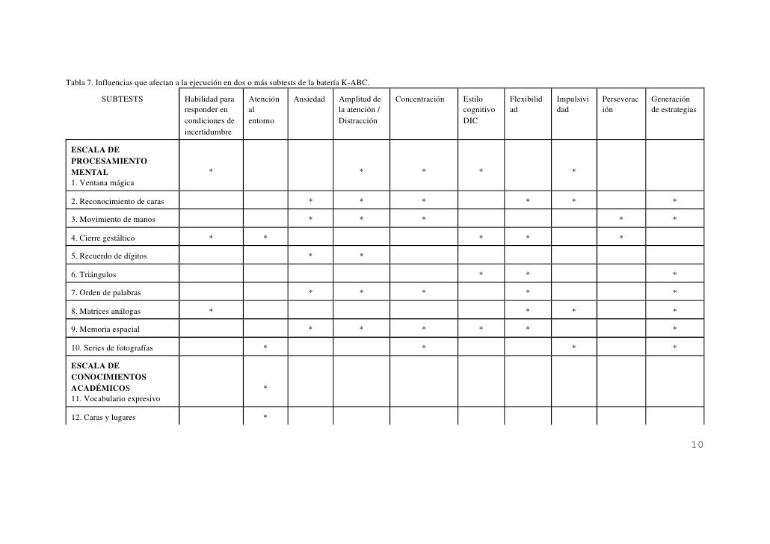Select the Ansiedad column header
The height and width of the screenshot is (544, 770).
pyautogui.click(x=309, y=99)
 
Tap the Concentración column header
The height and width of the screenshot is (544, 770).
pyautogui.click(x=419, y=99)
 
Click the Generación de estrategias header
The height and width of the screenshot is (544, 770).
pyautogui.click(x=674, y=105)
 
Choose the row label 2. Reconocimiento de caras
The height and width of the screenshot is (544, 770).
pyautogui.click(x=117, y=201)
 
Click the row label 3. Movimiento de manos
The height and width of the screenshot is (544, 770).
pyautogui.click(x=113, y=220)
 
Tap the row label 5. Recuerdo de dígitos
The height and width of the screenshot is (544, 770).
pyautogui.click(x=108, y=256)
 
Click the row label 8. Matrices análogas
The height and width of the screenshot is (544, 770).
pyautogui.click(x=105, y=311)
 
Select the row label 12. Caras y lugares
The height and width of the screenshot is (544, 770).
pyautogui.click(x=103, y=418)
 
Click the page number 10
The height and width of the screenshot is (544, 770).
pyautogui.click(x=697, y=445)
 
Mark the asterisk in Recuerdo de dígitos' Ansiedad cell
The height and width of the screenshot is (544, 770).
pyautogui.click(x=310, y=256)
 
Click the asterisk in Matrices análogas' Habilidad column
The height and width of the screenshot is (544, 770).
pyautogui.click(x=211, y=311)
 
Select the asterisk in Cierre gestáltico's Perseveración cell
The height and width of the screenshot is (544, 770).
pyautogui.click(x=621, y=238)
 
